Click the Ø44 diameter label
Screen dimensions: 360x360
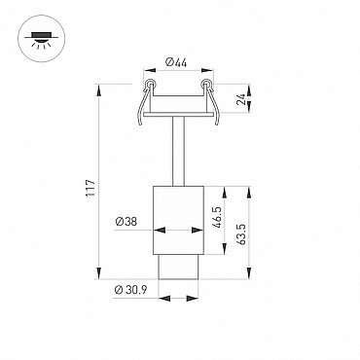point(176,62)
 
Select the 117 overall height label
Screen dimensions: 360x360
point(90,188)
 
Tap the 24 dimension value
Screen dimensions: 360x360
point(241,99)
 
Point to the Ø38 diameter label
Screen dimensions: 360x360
point(126,222)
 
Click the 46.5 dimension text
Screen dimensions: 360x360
point(217,217)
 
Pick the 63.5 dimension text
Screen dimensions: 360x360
point(241,234)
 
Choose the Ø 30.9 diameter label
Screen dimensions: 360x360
point(130,290)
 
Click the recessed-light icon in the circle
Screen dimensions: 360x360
point(41,39)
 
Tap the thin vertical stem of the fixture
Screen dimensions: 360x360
point(178,151)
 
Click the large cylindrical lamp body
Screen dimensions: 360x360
point(178,220)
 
